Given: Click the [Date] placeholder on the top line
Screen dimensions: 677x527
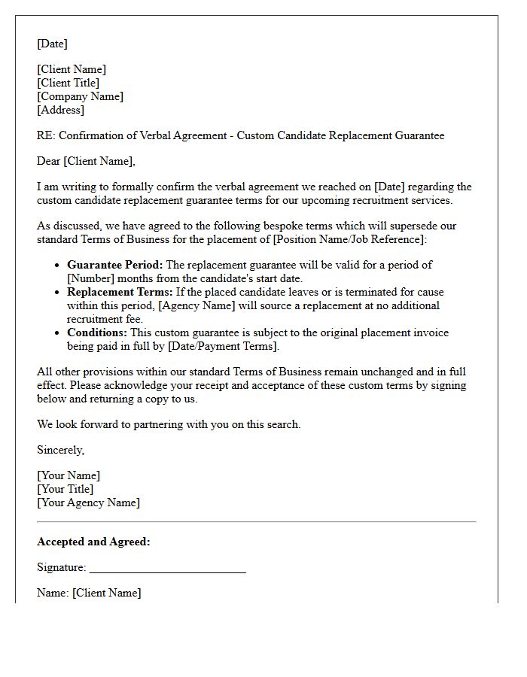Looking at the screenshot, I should click(x=52, y=44).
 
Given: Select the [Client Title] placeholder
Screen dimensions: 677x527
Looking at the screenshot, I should click(x=68, y=83).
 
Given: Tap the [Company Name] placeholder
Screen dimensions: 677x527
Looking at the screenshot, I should click(x=80, y=96).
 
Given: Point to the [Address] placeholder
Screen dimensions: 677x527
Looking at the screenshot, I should click(x=60, y=110).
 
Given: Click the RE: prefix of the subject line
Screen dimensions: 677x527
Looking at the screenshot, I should click(x=46, y=135).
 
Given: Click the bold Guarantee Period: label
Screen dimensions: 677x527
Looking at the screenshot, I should click(x=114, y=265).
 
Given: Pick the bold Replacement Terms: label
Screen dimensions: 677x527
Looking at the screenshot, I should click(x=120, y=292).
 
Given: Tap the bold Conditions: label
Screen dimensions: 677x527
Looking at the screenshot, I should click(x=96, y=332).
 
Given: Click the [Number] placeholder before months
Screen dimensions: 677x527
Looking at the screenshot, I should click(x=92, y=278).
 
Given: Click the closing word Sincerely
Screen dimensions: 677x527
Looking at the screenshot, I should click(x=60, y=450).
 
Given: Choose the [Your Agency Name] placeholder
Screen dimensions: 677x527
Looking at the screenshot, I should click(x=88, y=502).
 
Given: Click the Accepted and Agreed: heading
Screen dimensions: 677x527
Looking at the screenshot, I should click(x=93, y=542).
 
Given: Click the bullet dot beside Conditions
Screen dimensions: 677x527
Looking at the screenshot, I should click(x=57, y=332).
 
